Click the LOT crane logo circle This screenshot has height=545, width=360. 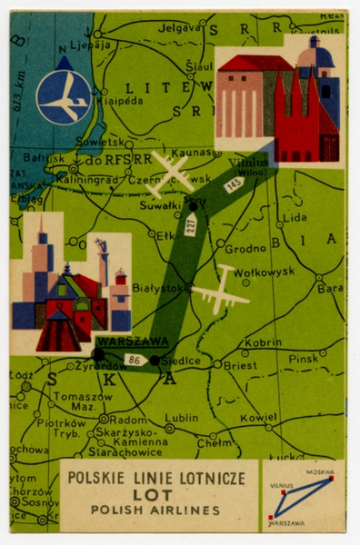pyautogui.click(x=64, y=97)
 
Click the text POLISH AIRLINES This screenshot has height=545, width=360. pyautogui.click(x=159, y=511)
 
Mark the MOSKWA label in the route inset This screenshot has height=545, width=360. pyautogui.click(x=319, y=472)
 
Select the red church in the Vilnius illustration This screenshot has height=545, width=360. pyautogui.click(x=306, y=118)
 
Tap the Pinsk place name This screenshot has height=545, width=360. pyautogui.click(x=304, y=359)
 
